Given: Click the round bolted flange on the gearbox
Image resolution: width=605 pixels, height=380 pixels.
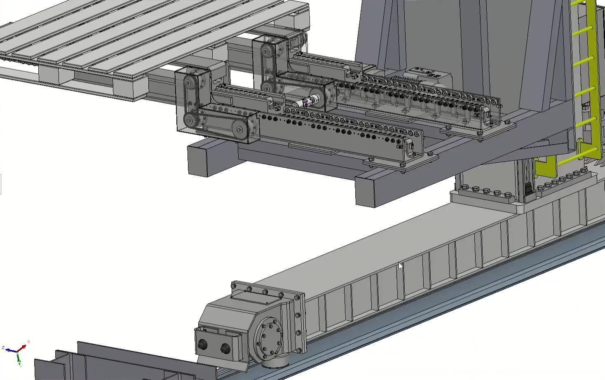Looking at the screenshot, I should pyautogui.click(x=269, y=339).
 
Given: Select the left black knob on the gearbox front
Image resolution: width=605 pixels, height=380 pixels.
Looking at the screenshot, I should pyautogui.click(x=203, y=345).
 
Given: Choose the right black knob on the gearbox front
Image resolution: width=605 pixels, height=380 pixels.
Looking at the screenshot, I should pyautogui.click(x=225, y=349).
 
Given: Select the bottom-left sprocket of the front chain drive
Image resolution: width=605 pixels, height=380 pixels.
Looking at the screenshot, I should pyautogui.click(x=190, y=120).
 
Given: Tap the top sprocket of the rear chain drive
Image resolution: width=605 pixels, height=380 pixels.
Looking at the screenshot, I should pyautogui.click(x=267, y=52).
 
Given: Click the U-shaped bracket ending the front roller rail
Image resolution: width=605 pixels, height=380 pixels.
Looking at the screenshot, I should pyautogui.click(x=408, y=147).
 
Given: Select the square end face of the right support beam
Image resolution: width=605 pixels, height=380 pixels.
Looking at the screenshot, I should pyautogui.click(x=365, y=191).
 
